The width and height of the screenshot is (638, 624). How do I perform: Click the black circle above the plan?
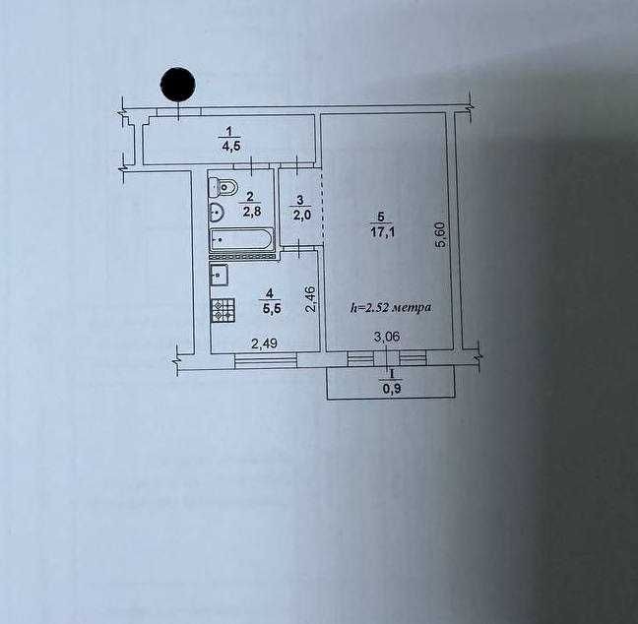tap(177, 85)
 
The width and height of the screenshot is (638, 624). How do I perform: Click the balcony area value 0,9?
tap(392, 387)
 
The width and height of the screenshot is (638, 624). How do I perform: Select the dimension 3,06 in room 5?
tap(386, 340)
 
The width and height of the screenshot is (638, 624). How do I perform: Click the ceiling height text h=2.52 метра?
tap(392, 307)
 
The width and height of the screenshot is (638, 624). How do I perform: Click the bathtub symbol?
tap(240, 239)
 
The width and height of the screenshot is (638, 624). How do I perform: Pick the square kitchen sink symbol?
tap(220, 276)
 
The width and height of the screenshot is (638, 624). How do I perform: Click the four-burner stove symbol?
tap(223, 310)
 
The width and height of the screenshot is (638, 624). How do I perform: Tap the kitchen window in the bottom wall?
tap(266, 361)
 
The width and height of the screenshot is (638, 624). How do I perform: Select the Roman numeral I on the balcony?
tap(392, 374)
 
